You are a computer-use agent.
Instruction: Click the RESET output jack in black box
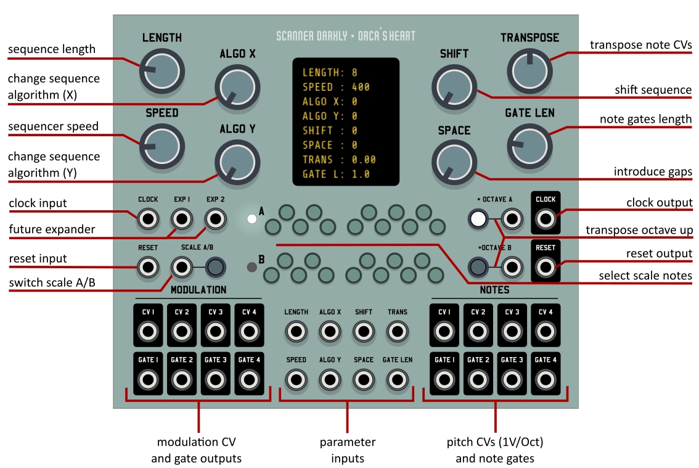[x=545, y=266]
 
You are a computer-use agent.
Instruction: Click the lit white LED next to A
[x=251, y=219]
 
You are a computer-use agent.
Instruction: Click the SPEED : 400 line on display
[x=336, y=87]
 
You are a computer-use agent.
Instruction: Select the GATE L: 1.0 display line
[x=336, y=174]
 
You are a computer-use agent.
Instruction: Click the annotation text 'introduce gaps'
[x=652, y=171]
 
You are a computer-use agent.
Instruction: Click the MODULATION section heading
[x=198, y=290]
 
